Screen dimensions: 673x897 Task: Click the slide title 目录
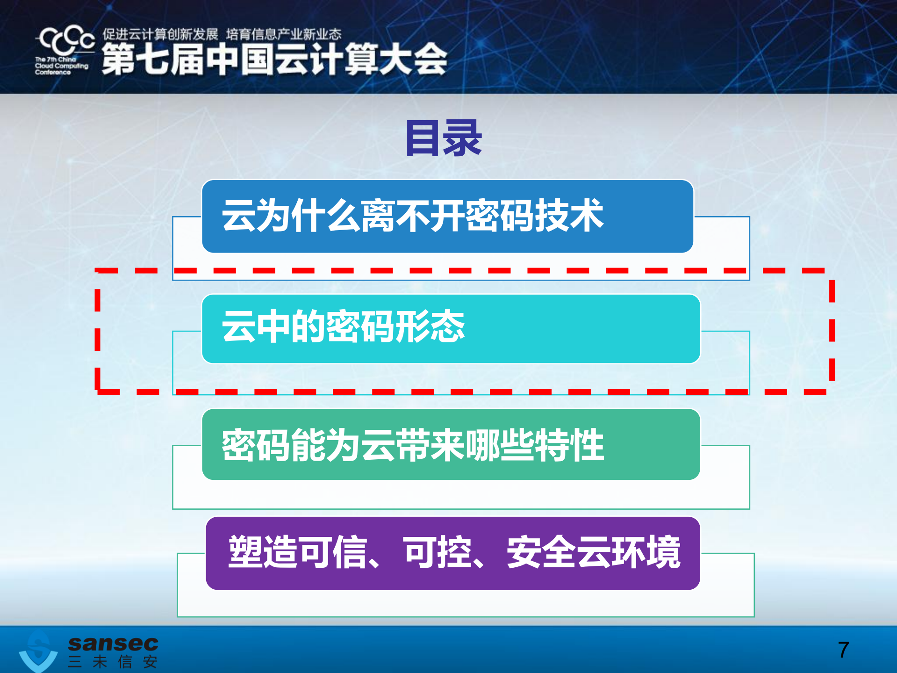443,138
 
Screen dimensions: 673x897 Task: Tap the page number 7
843,650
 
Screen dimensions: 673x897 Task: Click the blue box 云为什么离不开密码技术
447,217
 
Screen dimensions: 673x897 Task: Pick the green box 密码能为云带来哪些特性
451,444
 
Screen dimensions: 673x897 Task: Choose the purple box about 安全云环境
452,553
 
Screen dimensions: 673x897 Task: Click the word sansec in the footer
113,644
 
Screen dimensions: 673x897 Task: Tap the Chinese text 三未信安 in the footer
112,662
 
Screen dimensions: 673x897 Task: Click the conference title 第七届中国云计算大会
274,59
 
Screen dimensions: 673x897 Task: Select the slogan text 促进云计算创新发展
160,34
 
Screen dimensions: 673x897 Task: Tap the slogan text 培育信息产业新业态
283,34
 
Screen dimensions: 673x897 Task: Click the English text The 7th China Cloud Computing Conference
61,66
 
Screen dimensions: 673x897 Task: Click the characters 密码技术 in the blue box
534,216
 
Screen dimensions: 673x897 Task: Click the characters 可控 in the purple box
437,552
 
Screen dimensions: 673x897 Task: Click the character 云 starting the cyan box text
238,326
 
